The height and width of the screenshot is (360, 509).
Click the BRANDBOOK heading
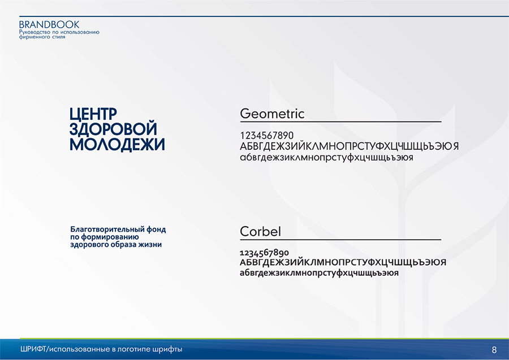49,25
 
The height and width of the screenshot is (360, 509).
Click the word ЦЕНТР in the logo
93,114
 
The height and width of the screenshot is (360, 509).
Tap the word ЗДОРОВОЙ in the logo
113,129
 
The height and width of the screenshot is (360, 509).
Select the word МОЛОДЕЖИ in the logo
117,144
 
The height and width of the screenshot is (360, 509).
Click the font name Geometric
272,114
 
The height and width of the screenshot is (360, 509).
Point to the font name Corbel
260,232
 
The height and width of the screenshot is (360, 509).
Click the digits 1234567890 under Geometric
267,136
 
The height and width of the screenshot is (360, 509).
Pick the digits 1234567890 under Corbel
264,253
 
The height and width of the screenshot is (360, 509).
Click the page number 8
494,350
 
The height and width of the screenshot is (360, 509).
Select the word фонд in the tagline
156,229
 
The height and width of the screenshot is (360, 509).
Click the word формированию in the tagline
110,237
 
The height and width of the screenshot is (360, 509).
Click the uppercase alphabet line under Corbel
343,262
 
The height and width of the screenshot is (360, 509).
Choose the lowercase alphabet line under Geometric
326,158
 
